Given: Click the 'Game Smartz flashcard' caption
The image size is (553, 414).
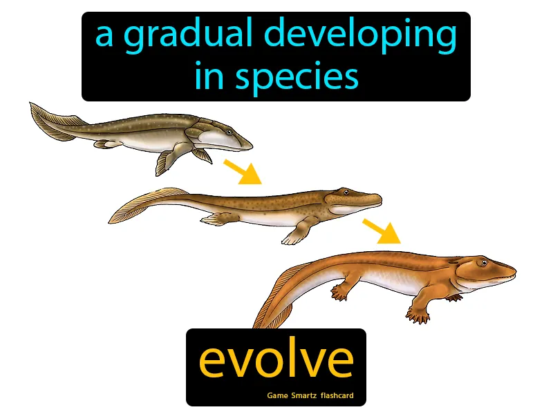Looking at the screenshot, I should click(312, 396).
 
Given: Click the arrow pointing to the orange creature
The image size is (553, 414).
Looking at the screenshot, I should click(382, 230).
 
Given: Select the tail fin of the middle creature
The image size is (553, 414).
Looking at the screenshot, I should click(138, 205).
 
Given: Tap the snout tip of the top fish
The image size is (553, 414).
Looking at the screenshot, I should click(250, 145).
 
